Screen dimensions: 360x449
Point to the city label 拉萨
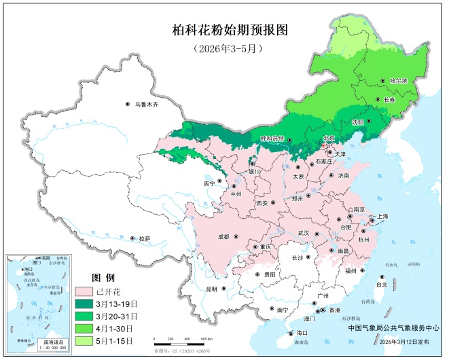click(x=143, y=239)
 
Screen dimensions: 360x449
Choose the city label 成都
click(x=223, y=236)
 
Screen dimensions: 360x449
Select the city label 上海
click(x=381, y=216)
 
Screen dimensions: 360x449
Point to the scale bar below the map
click(x=183, y=338)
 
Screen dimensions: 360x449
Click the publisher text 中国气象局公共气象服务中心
click(x=393, y=327)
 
